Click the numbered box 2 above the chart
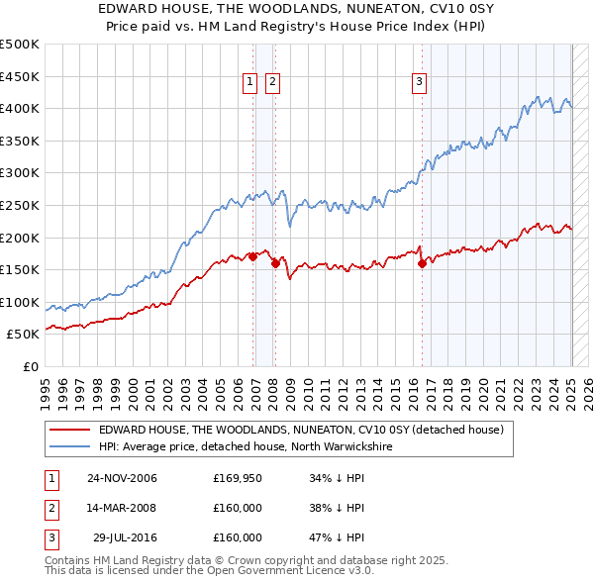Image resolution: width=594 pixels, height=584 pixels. tap(271, 82)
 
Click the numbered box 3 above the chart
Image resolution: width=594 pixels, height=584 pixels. tap(419, 82)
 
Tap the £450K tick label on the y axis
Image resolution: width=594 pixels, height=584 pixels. tap(20, 76)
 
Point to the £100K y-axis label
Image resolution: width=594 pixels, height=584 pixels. tap(20, 302)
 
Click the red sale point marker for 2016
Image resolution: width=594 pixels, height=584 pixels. tap(423, 263)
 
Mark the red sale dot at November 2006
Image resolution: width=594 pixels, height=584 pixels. tap(253, 256)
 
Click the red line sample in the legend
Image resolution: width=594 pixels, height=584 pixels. tap(69, 430)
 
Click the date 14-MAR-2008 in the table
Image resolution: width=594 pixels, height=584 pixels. tap(122, 508)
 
